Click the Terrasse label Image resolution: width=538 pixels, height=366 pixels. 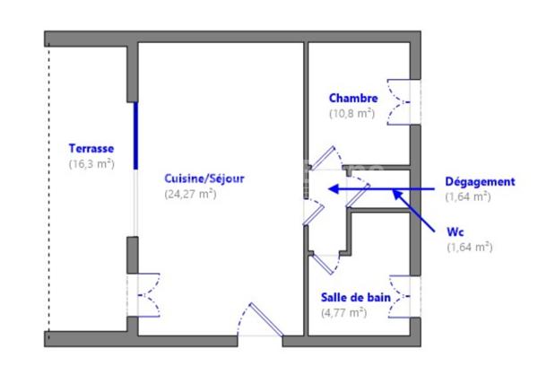click(x=91, y=149)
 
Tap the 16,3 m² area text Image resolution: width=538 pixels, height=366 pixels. click(x=91, y=164)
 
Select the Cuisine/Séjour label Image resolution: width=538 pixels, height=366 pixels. click(x=204, y=179)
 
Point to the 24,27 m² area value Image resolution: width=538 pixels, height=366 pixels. click(x=190, y=194)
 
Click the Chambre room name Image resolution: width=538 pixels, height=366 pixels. click(x=353, y=99)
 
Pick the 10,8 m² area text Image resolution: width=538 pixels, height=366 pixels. click(x=351, y=114)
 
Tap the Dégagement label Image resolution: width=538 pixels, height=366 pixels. click(x=480, y=181)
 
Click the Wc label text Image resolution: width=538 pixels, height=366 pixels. click(x=455, y=231)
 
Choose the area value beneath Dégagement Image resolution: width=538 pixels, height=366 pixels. click(x=468, y=196)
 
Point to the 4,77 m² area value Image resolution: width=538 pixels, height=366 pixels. click(x=344, y=312)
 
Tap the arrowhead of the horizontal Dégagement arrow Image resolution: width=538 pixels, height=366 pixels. click(x=333, y=189)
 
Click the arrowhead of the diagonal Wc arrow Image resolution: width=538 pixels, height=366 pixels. click(x=395, y=193)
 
